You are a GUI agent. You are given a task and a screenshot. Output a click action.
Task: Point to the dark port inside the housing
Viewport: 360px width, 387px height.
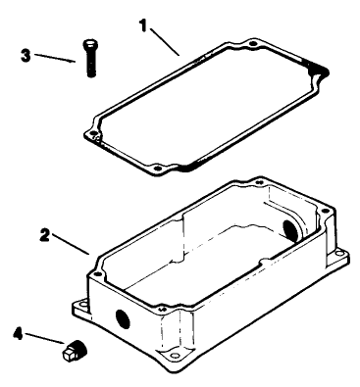(x=289, y=230)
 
